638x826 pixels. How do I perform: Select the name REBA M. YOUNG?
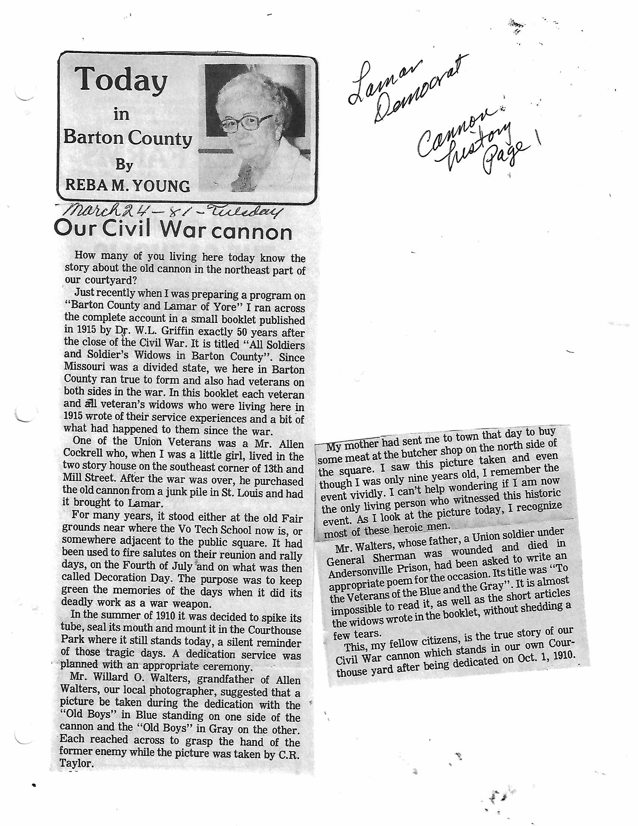(x=127, y=186)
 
